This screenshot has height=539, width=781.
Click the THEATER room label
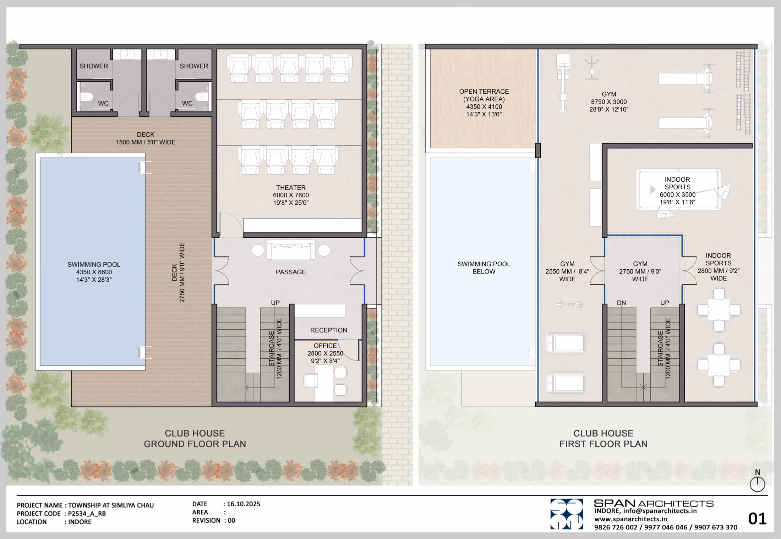point(291,187)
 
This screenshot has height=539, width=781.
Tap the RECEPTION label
point(328,330)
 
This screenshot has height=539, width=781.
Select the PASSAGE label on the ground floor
point(291,272)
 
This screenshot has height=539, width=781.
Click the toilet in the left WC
point(87,96)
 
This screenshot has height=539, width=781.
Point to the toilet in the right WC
point(201,96)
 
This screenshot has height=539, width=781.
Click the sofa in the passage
point(291,250)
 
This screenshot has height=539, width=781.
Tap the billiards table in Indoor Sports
point(678,189)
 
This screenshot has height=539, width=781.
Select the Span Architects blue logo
point(567,514)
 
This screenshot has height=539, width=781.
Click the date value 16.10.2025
point(244,504)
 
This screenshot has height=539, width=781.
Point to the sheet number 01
point(757,519)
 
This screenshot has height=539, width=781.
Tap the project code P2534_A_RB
point(87,513)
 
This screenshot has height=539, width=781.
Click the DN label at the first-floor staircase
point(621,303)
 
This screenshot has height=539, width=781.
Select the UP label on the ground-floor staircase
point(275,303)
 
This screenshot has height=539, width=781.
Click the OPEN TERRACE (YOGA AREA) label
point(484,95)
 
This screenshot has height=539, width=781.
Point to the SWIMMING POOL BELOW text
point(484,268)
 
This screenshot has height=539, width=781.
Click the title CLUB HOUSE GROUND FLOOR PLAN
point(195,439)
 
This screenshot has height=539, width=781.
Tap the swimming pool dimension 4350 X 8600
point(94,272)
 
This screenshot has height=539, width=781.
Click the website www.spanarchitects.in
point(630,519)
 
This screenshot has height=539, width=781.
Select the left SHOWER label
point(94,66)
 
